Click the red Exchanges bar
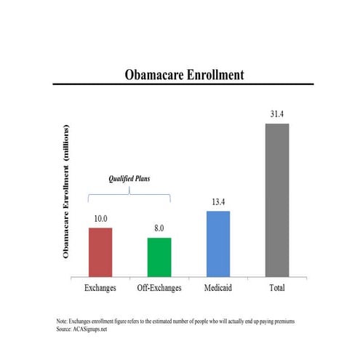tap(100, 252)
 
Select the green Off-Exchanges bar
tap(159, 257)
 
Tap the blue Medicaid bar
tap(217, 244)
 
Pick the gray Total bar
tap(276, 201)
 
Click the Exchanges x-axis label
tap(100, 289)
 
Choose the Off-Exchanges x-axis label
tap(159, 289)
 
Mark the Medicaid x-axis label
tap(217, 289)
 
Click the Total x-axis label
tap(276, 289)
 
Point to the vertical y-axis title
tap(66, 191)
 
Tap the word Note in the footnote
tap(62, 321)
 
